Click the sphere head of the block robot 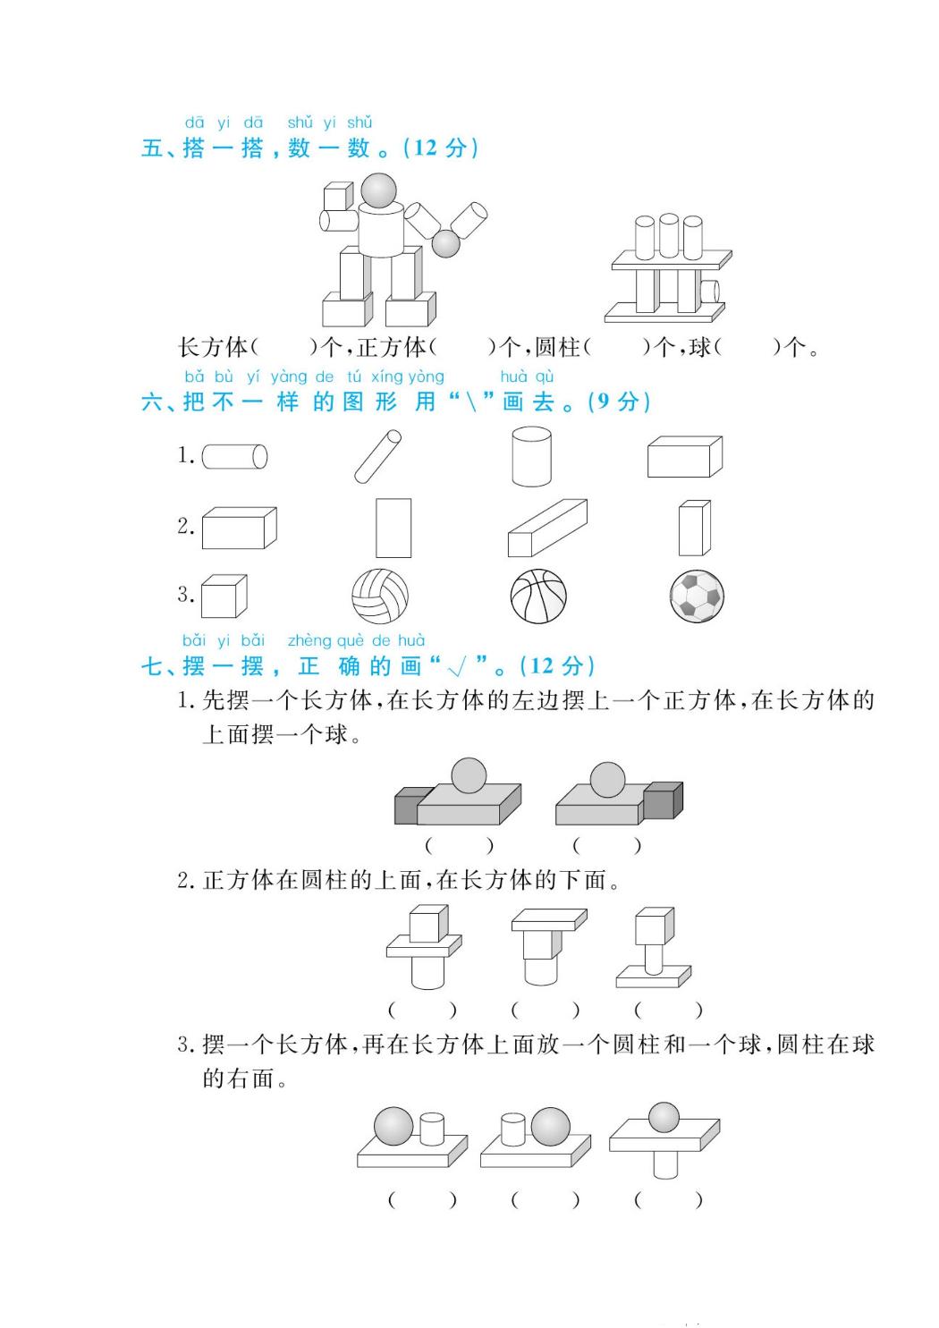[379, 190]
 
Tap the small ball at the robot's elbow [445, 243]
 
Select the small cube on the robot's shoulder [338, 196]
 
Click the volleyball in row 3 [380, 596]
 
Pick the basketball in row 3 [538, 596]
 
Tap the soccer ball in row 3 [698, 596]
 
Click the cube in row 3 [224, 596]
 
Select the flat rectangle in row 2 [393, 528]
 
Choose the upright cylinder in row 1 [532, 456]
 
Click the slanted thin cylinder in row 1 [377, 456]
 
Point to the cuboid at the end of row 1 [685, 456]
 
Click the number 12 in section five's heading [426, 148]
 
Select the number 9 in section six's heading [604, 402]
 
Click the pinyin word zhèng [301, 641]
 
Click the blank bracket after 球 [747, 347]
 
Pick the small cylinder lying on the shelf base [710, 292]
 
